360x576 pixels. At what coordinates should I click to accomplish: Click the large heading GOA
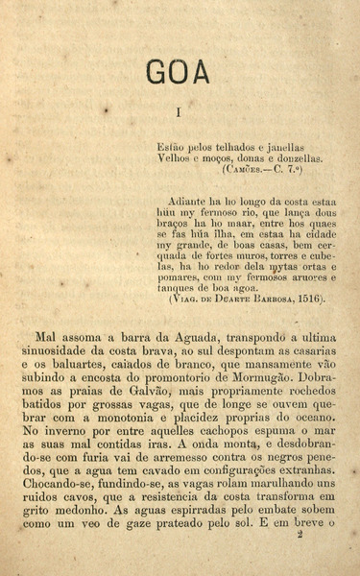[x=180, y=71]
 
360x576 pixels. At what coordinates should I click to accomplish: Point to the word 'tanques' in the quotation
[x=177, y=287]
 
